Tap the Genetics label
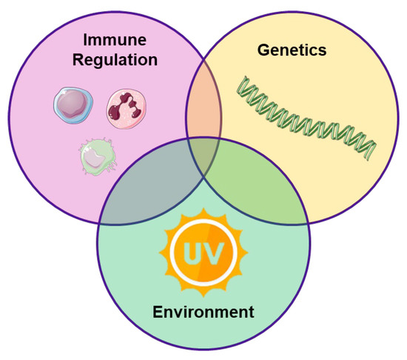tap(292, 50)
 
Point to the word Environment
tap(203, 310)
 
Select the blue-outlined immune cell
tap(72, 106)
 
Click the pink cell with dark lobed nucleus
tap(124, 106)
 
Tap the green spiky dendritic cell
tap(97, 157)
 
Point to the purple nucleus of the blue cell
tap(73, 106)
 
